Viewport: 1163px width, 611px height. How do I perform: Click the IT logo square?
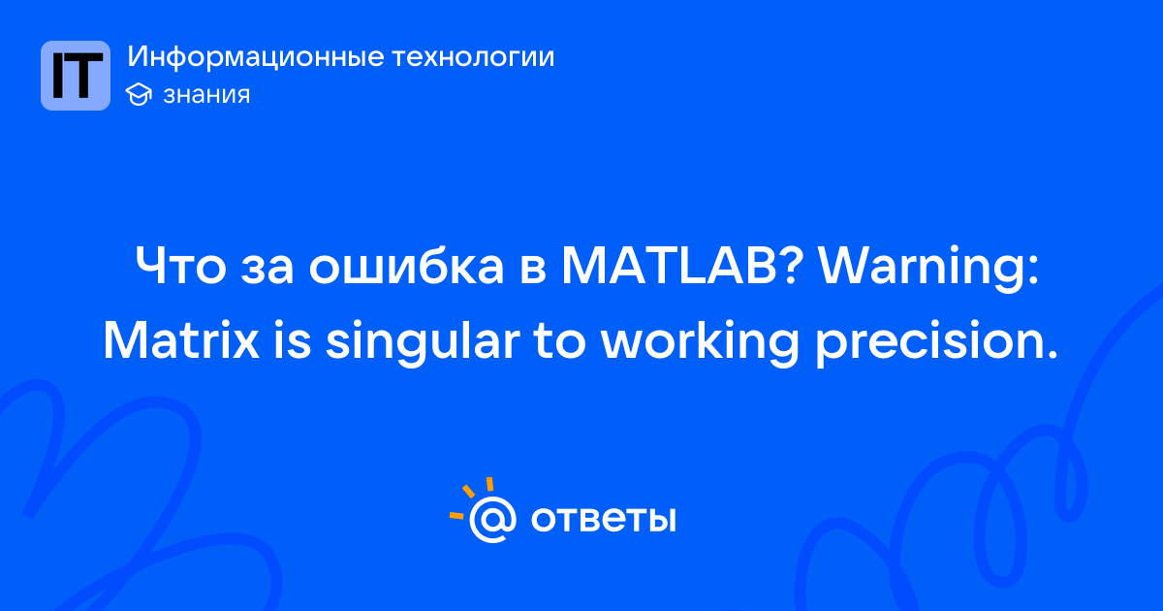click(76, 76)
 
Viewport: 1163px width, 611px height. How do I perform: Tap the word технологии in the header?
click(473, 57)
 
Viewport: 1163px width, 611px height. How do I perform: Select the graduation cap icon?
click(139, 94)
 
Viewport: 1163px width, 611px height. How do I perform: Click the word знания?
click(206, 95)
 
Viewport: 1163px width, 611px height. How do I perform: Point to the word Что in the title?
click(180, 266)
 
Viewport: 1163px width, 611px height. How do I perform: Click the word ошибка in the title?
click(406, 265)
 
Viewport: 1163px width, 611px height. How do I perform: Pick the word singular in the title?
click(423, 343)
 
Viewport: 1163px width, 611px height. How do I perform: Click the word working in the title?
click(700, 343)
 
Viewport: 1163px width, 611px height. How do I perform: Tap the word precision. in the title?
click(935, 344)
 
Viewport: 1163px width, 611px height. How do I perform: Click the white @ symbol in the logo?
click(492, 520)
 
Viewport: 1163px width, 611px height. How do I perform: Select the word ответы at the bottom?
click(603, 519)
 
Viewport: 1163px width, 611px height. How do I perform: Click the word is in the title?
click(293, 339)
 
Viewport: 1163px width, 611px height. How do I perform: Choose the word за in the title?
click(267, 271)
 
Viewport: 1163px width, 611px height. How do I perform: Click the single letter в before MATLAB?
click(533, 271)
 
